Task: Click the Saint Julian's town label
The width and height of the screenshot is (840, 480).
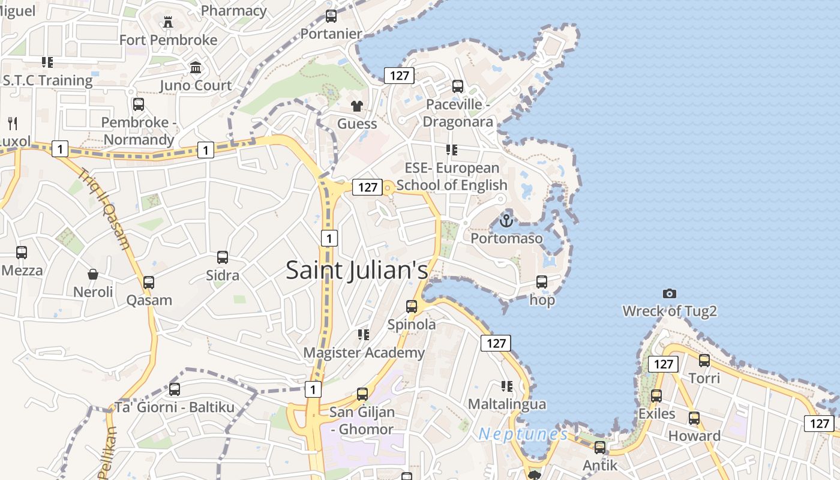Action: tap(357, 269)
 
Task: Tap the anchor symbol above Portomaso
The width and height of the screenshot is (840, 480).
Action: tap(506, 221)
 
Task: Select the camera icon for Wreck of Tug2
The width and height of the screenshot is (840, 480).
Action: tap(670, 293)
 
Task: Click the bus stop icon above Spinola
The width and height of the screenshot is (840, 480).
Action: tap(412, 307)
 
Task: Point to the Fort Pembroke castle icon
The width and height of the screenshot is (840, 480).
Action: tap(168, 22)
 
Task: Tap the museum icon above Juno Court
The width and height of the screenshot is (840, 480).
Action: tap(196, 67)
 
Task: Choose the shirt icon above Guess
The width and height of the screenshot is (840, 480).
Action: tap(357, 106)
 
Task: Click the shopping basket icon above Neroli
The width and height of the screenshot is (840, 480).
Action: tap(93, 274)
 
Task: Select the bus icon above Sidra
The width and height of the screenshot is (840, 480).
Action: tap(223, 257)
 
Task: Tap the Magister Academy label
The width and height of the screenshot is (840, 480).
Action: tap(364, 353)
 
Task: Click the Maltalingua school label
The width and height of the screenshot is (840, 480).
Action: tap(507, 404)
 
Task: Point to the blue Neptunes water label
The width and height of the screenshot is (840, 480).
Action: tap(523, 434)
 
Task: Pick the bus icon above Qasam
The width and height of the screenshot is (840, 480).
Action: tap(149, 282)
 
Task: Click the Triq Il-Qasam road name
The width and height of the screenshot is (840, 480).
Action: tap(104, 208)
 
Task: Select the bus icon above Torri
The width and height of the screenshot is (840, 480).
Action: tap(704, 361)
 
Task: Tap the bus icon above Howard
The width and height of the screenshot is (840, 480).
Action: tap(694, 418)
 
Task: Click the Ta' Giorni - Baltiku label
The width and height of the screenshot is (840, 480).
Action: tap(175, 407)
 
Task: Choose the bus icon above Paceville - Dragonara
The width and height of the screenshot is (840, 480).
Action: tap(458, 86)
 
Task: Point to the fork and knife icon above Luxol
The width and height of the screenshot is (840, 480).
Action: tap(13, 124)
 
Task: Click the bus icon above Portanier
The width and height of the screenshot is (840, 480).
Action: tap(331, 16)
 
